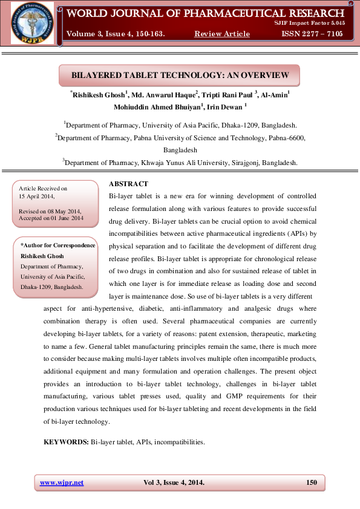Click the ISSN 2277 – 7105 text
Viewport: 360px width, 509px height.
click(x=312, y=34)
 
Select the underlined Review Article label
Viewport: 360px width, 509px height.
click(x=222, y=34)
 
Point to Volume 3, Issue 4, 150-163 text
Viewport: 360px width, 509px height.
click(x=116, y=34)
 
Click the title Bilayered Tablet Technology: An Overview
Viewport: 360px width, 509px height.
click(x=180, y=76)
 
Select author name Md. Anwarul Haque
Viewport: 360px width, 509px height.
click(x=165, y=95)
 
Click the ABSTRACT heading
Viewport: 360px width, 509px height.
click(x=128, y=184)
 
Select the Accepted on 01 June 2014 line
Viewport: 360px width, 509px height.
click(x=51, y=218)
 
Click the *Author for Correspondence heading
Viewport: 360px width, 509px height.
click(x=57, y=245)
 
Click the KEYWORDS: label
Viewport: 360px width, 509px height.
click(x=66, y=443)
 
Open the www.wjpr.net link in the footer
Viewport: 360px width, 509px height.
click(x=62, y=482)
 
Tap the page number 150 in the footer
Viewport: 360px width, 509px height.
click(x=312, y=482)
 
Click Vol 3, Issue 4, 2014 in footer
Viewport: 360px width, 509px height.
click(x=174, y=482)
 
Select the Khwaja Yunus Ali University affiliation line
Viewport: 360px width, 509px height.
click(x=180, y=163)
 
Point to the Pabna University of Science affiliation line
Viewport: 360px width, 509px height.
click(x=180, y=138)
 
